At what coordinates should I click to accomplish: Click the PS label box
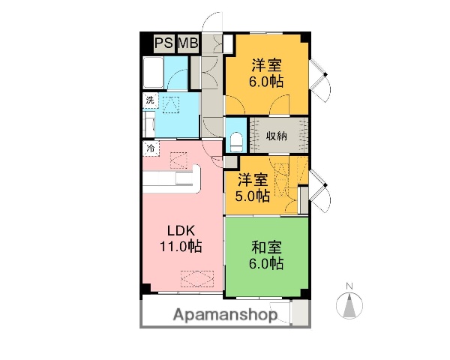tap(163, 43)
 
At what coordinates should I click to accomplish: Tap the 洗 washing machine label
tap(150, 100)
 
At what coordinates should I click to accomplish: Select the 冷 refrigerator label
tap(151, 148)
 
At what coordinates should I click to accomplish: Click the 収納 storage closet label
tap(277, 136)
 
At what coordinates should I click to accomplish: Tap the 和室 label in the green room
tap(265, 246)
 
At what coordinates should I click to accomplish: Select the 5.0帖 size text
tap(253, 196)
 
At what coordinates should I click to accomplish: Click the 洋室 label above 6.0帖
tap(266, 65)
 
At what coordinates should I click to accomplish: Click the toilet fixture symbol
tap(236, 139)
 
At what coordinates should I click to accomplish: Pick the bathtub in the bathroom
tap(155, 75)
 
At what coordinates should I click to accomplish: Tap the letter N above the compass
tap(350, 286)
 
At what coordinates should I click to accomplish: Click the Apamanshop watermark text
tap(226, 315)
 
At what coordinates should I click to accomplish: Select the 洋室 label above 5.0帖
tap(253, 180)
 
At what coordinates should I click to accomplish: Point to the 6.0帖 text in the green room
tap(265, 263)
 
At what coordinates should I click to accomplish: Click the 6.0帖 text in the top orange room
tap(266, 82)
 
